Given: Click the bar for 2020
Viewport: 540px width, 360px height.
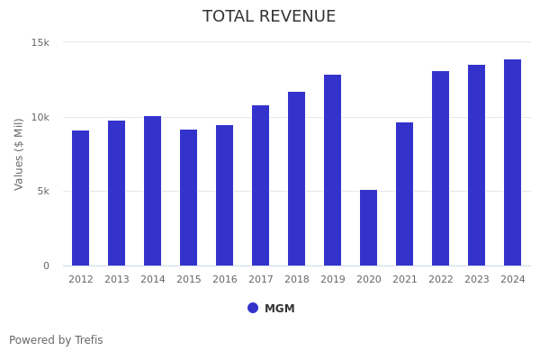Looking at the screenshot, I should click(x=368, y=228).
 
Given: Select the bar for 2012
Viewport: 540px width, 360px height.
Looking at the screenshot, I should click(x=81, y=198).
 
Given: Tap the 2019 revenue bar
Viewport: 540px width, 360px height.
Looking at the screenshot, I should click(x=332, y=170).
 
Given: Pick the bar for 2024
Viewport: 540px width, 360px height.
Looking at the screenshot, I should click(x=512, y=163).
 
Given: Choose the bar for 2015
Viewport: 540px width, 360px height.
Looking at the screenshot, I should click(x=188, y=198).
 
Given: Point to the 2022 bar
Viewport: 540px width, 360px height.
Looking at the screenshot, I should click(x=440, y=168).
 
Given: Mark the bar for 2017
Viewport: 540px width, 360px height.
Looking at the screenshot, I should click(x=260, y=185).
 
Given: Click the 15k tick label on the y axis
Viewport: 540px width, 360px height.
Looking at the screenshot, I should click(x=40, y=42).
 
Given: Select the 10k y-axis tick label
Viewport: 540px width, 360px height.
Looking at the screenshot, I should click(x=40, y=117).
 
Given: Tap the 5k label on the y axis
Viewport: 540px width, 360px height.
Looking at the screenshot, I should click(x=42, y=191).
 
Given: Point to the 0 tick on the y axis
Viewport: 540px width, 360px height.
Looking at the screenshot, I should click(x=46, y=265).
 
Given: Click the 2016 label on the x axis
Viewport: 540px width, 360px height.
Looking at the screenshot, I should click(x=224, y=280).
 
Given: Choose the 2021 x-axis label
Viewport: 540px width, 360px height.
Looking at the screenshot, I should click(x=404, y=280).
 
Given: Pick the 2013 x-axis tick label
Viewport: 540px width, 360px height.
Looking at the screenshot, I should click(x=117, y=280).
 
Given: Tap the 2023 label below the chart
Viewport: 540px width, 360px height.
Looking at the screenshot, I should click(x=476, y=280).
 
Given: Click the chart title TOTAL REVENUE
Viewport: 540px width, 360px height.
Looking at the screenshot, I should click(x=269, y=17).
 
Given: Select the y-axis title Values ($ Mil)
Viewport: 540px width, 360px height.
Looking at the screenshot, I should click(x=19, y=154).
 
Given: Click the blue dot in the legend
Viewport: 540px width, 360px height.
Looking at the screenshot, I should click(x=253, y=308).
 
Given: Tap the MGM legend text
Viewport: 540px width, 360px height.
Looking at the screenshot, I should click(x=279, y=309).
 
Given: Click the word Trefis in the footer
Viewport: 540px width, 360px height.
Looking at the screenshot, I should click(x=88, y=340).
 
